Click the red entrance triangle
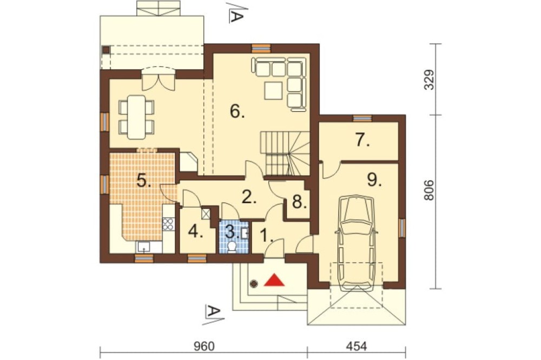pyautogui.click(x=274, y=281)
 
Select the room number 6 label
pyautogui.click(x=237, y=111)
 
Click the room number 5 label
pyautogui.click(x=144, y=180)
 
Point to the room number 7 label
pyautogui.click(x=362, y=140)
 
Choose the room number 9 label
pyautogui.click(x=374, y=179)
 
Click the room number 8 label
pyautogui.click(x=299, y=202)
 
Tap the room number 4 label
pyautogui.click(x=195, y=232)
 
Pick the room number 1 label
pyautogui.click(x=266, y=236)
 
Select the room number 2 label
pyautogui.click(x=249, y=197)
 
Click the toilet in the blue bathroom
pyautogui.click(x=232, y=247)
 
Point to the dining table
pyautogui.click(x=136, y=117)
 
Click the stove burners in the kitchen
pyautogui.click(x=168, y=224)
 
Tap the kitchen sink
pyautogui.click(x=143, y=247)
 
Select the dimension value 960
pyautogui.click(x=204, y=346)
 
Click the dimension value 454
pyautogui.click(x=356, y=346)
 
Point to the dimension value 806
pyautogui.click(x=428, y=190)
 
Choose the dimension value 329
pyautogui.click(x=428, y=79)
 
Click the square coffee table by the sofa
pyautogui.click(x=274, y=90)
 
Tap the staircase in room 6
pyautogui.click(x=285, y=154)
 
